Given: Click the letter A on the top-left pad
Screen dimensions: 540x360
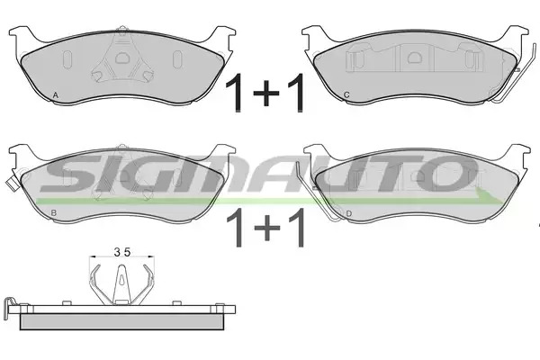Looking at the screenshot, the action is coord(56,95).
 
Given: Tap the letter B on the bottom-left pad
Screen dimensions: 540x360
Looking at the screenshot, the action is coord(53,213).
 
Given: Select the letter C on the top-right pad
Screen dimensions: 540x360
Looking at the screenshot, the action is coord(346,94).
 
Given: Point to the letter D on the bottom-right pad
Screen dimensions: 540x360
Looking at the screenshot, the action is coord(349,214).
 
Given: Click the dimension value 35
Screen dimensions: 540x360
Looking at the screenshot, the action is coord(122,253).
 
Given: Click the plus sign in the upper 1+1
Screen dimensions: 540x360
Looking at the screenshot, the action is coord(266,93).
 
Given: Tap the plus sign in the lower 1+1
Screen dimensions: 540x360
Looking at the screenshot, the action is coord(267,228).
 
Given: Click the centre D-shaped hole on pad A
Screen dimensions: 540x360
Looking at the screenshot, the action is coord(121,58).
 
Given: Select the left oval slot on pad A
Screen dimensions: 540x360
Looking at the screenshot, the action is coord(67,59).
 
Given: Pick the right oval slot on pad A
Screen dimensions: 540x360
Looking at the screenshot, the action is coord(177,59).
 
